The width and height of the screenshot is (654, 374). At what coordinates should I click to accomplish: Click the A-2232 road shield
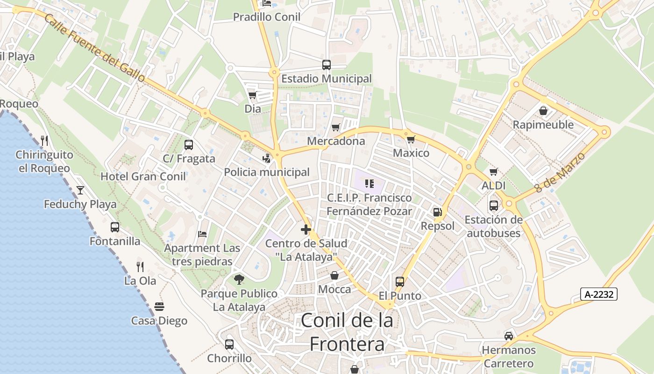click(599, 294)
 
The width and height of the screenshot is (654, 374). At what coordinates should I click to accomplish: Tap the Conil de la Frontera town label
click(347, 332)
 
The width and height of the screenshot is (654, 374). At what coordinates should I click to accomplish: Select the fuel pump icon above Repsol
click(437, 212)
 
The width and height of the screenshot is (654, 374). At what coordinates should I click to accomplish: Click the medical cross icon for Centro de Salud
click(306, 230)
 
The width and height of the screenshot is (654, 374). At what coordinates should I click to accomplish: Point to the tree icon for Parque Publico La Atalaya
click(239, 280)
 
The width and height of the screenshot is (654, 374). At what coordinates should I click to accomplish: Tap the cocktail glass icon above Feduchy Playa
click(80, 190)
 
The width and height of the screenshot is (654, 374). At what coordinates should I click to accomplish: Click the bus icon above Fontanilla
click(115, 227)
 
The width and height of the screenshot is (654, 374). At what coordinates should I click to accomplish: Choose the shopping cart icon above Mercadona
click(335, 127)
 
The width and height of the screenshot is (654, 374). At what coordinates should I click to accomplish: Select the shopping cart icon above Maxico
click(411, 139)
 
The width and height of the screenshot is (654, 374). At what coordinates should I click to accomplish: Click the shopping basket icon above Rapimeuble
click(543, 111)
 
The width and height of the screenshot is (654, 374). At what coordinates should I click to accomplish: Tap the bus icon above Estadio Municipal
click(326, 65)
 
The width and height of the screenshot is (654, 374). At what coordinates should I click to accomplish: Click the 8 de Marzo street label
click(560, 172)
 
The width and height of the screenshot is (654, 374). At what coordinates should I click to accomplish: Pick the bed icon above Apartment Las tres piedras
click(202, 234)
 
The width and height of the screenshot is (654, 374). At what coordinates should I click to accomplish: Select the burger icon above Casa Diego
click(159, 307)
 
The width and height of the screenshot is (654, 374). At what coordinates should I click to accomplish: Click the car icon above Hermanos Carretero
click(509, 336)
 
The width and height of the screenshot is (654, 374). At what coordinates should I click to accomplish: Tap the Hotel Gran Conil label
click(143, 176)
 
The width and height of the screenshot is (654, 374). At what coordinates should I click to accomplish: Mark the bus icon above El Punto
click(400, 281)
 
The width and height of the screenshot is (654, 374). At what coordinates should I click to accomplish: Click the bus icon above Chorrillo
click(229, 345)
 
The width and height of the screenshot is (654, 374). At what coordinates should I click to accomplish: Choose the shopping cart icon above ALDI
click(493, 172)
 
